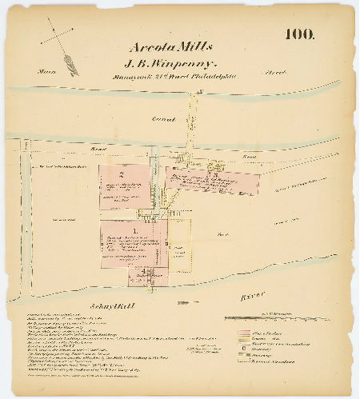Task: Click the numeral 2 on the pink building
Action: coord(120,174)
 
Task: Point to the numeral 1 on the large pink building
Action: coord(134,231)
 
